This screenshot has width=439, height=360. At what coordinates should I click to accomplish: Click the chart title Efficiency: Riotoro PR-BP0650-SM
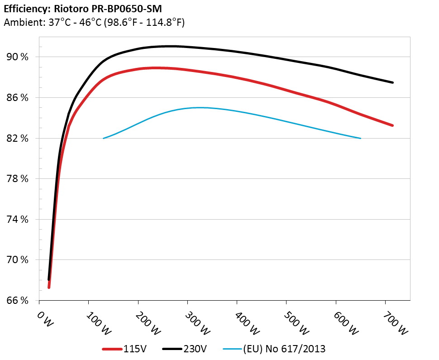click(82, 8)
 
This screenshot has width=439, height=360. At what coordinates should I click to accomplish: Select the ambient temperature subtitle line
click(94, 22)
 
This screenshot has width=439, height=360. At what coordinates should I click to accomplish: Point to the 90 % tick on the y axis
click(19, 57)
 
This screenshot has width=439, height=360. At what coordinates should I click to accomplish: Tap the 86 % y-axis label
click(19, 98)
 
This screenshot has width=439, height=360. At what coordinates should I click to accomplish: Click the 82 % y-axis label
click(19, 138)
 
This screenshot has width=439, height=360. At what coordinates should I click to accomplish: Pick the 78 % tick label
click(19, 179)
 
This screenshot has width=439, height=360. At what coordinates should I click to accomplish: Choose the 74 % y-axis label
click(19, 219)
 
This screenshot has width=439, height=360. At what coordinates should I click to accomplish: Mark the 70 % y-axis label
click(19, 260)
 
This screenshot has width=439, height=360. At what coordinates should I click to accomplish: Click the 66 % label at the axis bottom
click(19, 300)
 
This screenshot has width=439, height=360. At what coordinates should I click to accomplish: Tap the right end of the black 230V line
click(392, 82)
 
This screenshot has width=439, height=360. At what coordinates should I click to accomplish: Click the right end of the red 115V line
click(392, 125)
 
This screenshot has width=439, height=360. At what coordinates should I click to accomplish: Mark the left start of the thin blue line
click(104, 138)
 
